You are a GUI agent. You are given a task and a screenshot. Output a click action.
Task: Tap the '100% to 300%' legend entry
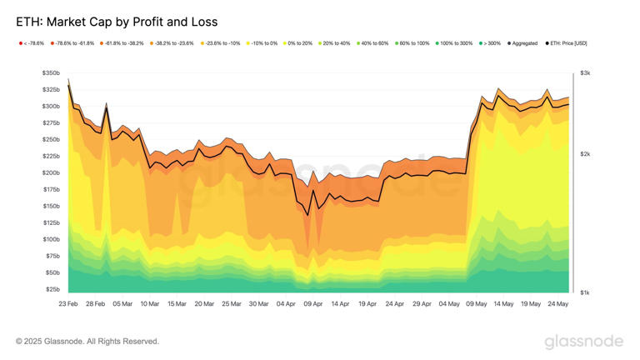[x=454, y=42]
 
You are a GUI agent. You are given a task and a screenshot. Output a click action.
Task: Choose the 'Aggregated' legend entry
[x=522, y=42]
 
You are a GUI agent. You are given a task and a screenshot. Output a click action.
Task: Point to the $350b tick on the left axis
[x=50, y=73]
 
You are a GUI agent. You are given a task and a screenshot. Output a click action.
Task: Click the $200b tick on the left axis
[x=50, y=173]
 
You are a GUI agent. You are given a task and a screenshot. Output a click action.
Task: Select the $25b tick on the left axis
[x=52, y=289]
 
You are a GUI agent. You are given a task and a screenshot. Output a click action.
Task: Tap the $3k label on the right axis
[x=585, y=73]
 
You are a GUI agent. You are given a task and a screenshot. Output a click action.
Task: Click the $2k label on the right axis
[x=585, y=154]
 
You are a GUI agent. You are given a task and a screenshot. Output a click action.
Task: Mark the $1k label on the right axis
[x=585, y=292]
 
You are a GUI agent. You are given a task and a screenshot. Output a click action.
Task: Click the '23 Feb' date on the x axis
[x=68, y=304]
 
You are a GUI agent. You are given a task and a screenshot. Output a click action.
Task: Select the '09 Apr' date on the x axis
[x=312, y=304]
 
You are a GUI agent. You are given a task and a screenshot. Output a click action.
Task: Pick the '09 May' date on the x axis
[x=476, y=304]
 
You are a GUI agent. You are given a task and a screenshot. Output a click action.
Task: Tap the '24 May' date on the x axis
[x=557, y=304]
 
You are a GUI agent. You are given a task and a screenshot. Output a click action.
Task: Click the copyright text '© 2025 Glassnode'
[x=87, y=342]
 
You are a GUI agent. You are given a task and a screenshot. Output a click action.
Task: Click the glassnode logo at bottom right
[x=583, y=342]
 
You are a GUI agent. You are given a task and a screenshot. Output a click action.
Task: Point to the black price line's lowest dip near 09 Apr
[x=307, y=215]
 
